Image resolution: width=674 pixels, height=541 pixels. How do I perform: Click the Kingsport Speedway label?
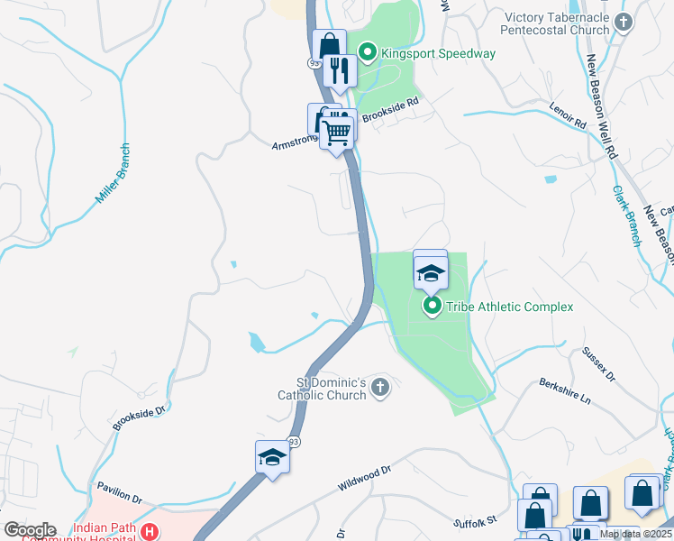point(437,53)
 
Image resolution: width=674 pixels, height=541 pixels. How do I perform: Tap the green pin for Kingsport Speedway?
point(368,53)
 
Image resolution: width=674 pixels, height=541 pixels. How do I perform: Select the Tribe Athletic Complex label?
point(509,307)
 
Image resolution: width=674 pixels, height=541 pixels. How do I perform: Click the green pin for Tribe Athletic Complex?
point(433,307)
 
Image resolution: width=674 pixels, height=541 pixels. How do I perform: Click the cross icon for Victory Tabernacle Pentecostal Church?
point(623,20)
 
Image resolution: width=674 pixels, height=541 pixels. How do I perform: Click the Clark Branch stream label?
point(627,216)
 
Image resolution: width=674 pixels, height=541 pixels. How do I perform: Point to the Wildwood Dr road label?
point(366,478)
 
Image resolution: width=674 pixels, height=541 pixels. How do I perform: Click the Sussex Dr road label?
point(597,362)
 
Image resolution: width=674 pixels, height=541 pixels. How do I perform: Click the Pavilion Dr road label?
point(120,492)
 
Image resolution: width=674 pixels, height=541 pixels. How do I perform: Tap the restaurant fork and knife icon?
point(339,70)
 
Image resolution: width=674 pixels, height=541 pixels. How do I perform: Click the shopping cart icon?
point(337,133)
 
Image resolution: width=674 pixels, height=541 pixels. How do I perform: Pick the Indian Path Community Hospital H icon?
point(150,532)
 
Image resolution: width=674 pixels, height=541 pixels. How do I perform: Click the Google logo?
point(29,530)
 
